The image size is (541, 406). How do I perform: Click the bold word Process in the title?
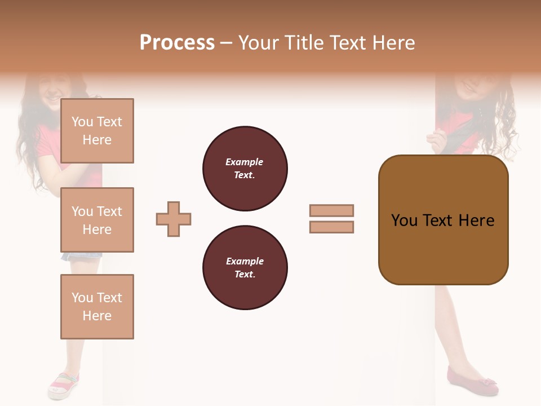(177, 43)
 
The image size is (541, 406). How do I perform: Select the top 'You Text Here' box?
(97, 131)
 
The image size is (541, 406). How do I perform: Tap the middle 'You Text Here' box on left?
(97, 220)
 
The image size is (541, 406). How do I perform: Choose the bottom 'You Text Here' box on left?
(97, 307)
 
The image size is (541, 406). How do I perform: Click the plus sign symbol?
(174, 219)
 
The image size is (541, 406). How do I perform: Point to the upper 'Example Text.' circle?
(245, 168)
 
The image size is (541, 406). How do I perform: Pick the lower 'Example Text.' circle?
(245, 267)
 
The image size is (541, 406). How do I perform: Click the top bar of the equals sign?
(331, 210)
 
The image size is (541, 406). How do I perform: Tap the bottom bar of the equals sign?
(331, 227)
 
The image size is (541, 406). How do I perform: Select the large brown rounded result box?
(443, 220)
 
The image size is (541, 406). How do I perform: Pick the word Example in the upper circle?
(244, 162)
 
